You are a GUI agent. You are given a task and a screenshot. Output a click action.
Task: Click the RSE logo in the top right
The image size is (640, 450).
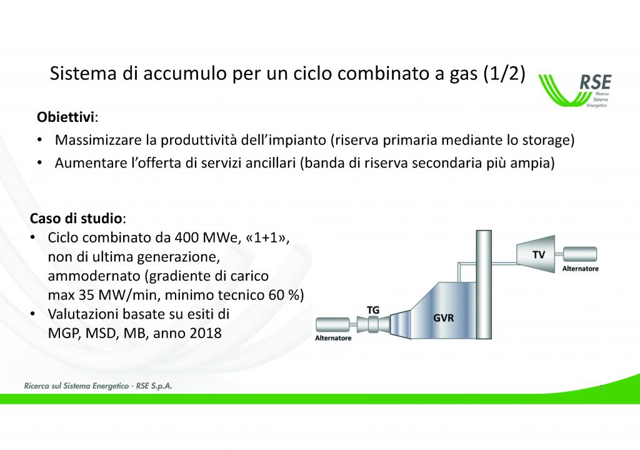(576, 91)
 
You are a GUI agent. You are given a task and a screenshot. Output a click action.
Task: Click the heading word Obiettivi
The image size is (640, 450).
(65, 117)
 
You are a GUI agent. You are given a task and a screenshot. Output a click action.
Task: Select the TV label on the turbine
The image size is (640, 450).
(538, 255)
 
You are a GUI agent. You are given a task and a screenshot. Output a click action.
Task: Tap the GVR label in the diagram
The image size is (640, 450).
(443, 317)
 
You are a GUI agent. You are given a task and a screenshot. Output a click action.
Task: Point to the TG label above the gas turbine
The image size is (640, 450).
(372, 311)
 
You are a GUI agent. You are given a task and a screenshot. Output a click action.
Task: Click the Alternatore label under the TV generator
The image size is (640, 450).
(580, 269)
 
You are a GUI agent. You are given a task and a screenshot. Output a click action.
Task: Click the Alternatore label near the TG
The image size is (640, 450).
(333, 338)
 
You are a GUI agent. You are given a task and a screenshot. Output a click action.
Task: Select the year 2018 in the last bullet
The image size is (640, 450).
(206, 333)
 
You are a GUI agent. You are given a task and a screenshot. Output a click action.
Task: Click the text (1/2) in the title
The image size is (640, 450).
(504, 74)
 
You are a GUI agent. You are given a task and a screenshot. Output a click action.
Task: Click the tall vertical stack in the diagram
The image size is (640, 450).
(484, 284)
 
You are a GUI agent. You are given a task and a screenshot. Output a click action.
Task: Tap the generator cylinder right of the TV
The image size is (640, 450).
(579, 254)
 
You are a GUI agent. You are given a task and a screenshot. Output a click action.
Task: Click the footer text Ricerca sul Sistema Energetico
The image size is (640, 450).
(76, 386)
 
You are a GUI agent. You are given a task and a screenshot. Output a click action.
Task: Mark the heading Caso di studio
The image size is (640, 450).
(76, 219)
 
